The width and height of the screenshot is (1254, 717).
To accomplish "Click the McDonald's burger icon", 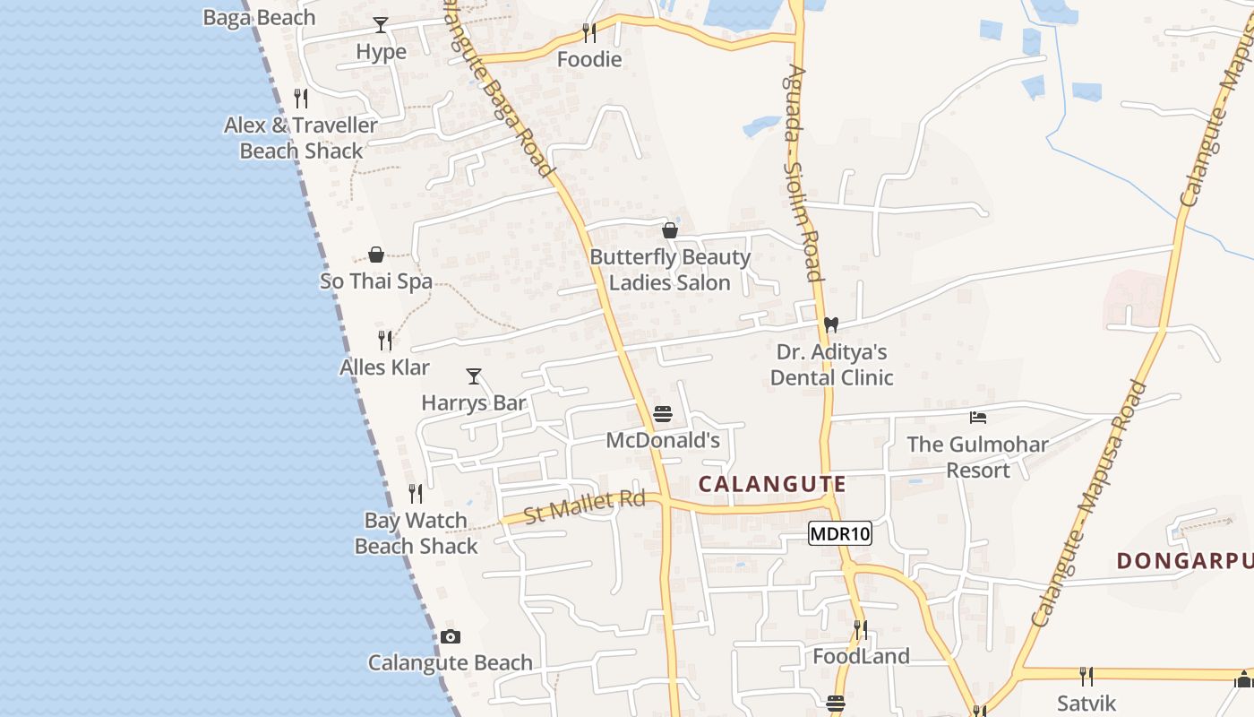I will [x=663, y=414].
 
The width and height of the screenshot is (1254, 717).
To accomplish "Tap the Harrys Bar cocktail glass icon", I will [x=474, y=376].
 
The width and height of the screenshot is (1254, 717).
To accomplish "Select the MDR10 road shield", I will [x=839, y=534].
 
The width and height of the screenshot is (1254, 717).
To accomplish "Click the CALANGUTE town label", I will [x=772, y=485].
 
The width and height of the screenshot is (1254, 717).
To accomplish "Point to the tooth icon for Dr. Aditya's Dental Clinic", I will [x=831, y=325].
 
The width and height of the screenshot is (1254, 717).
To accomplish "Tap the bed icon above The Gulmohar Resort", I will [x=978, y=418].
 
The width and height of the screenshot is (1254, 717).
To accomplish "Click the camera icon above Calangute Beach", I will [x=451, y=637].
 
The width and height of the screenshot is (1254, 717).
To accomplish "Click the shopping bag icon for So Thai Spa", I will [x=376, y=255].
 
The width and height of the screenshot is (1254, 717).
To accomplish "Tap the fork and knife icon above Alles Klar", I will [x=385, y=341].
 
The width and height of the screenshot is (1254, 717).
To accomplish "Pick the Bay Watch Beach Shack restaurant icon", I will [x=416, y=494].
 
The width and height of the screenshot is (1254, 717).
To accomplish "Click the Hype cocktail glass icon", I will [x=381, y=25].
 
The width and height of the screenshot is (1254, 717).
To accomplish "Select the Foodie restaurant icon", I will [x=588, y=33].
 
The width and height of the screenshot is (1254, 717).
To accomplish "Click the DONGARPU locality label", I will [x=1184, y=561].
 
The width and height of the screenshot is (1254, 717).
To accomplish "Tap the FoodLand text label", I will [x=861, y=657].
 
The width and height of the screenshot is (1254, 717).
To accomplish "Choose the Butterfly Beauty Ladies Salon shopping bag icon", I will [x=670, y=230].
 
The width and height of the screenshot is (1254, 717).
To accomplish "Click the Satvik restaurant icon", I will [x=1086, y=676].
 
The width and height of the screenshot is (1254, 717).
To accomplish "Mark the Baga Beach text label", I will [x=259, y=18].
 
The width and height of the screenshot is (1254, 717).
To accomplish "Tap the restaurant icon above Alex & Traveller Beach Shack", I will [x=301, y=99].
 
